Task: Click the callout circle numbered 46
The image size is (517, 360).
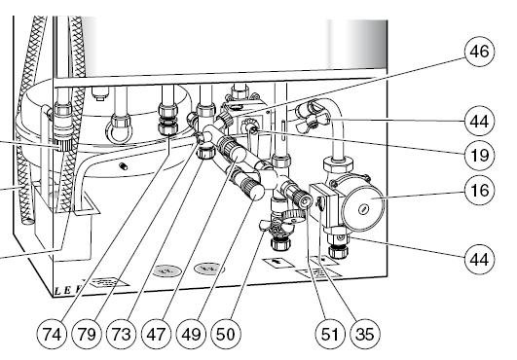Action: pos(479,52)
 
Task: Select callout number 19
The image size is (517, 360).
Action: pos(479,155)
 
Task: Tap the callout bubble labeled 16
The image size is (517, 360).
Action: pos(479,190)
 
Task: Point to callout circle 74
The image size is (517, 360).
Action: pos(52,335)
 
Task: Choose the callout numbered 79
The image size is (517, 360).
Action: pos(87,335)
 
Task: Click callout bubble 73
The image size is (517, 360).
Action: pos(122,335)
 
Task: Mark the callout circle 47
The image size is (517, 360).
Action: pos(157,335)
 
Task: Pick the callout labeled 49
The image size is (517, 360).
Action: pos(191,335)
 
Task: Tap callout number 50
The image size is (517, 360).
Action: pos(226,335)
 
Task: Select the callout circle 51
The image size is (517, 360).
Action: pos(330,335)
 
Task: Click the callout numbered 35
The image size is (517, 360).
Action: pos(365,335)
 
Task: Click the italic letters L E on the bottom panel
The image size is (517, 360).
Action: pos(62,291)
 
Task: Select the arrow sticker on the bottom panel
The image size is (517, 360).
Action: pos(279,262)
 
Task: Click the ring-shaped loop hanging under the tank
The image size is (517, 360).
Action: pos(119,132)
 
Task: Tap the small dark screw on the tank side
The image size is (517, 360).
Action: pos(124,166)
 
